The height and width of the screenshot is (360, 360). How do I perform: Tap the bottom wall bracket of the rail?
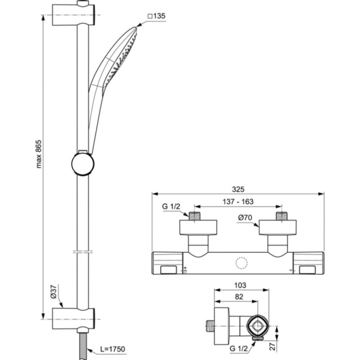pyautogui.click(x=74, y=316)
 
